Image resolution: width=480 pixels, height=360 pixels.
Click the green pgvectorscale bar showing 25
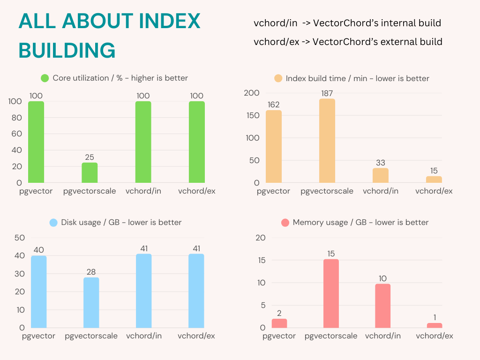tap(90, 172)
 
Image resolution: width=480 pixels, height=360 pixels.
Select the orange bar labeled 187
tap(327, 141)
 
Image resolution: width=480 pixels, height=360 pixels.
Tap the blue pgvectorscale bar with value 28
tap(91, 302)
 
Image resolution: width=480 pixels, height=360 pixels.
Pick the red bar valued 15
tap(331, 293)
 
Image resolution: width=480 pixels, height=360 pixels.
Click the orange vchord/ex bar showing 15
tap(434, 180)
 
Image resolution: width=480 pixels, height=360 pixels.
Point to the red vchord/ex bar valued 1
tap(435, 325)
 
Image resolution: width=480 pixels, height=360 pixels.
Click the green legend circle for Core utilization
tap(45, 78)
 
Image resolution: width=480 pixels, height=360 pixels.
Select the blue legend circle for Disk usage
tap(53, 223)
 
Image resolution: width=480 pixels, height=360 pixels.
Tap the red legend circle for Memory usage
tap(285, 223)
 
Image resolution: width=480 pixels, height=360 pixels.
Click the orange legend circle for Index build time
tap(278, 78)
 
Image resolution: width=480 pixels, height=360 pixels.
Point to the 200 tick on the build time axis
tap(252, 93)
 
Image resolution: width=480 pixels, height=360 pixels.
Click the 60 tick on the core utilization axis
tap(16, 134)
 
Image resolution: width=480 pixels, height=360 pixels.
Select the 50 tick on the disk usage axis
tap(19, 238)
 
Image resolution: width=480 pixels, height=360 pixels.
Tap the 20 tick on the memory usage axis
tap(260, 238)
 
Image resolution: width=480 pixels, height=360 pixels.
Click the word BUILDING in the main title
tap(67, 50)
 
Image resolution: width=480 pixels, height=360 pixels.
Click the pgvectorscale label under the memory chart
tap(331, 336)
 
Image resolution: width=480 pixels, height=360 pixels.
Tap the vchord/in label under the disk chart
tap(144, 336)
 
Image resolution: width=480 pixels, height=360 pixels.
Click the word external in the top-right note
tap(397, 42)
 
